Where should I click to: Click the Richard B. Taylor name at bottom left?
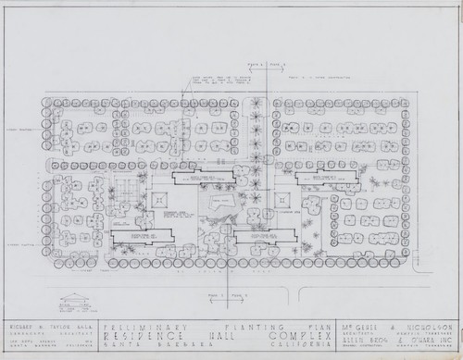pyautogui.click(x=48, y=327)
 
